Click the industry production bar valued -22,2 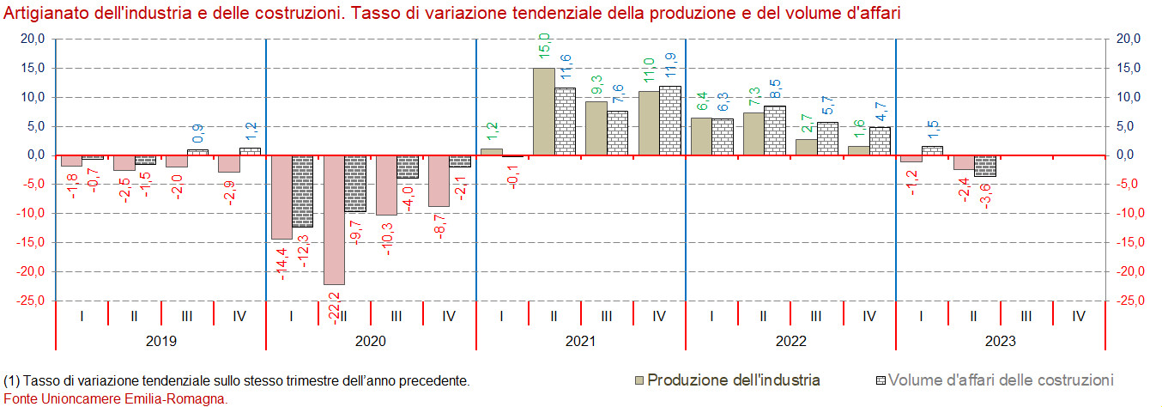(334, 220)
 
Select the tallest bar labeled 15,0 (543, 112)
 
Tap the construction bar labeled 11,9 (670, 121)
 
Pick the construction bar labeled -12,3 (302, 191)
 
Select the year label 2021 (580, 341)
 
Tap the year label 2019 (160, 341)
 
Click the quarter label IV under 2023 (1079, 316)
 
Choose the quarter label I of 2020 (292, 316)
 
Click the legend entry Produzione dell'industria (733, 380)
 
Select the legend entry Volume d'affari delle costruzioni (1001, 380)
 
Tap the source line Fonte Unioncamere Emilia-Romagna (115, 398)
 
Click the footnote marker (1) (12, 380)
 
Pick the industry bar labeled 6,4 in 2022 (701, 137)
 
